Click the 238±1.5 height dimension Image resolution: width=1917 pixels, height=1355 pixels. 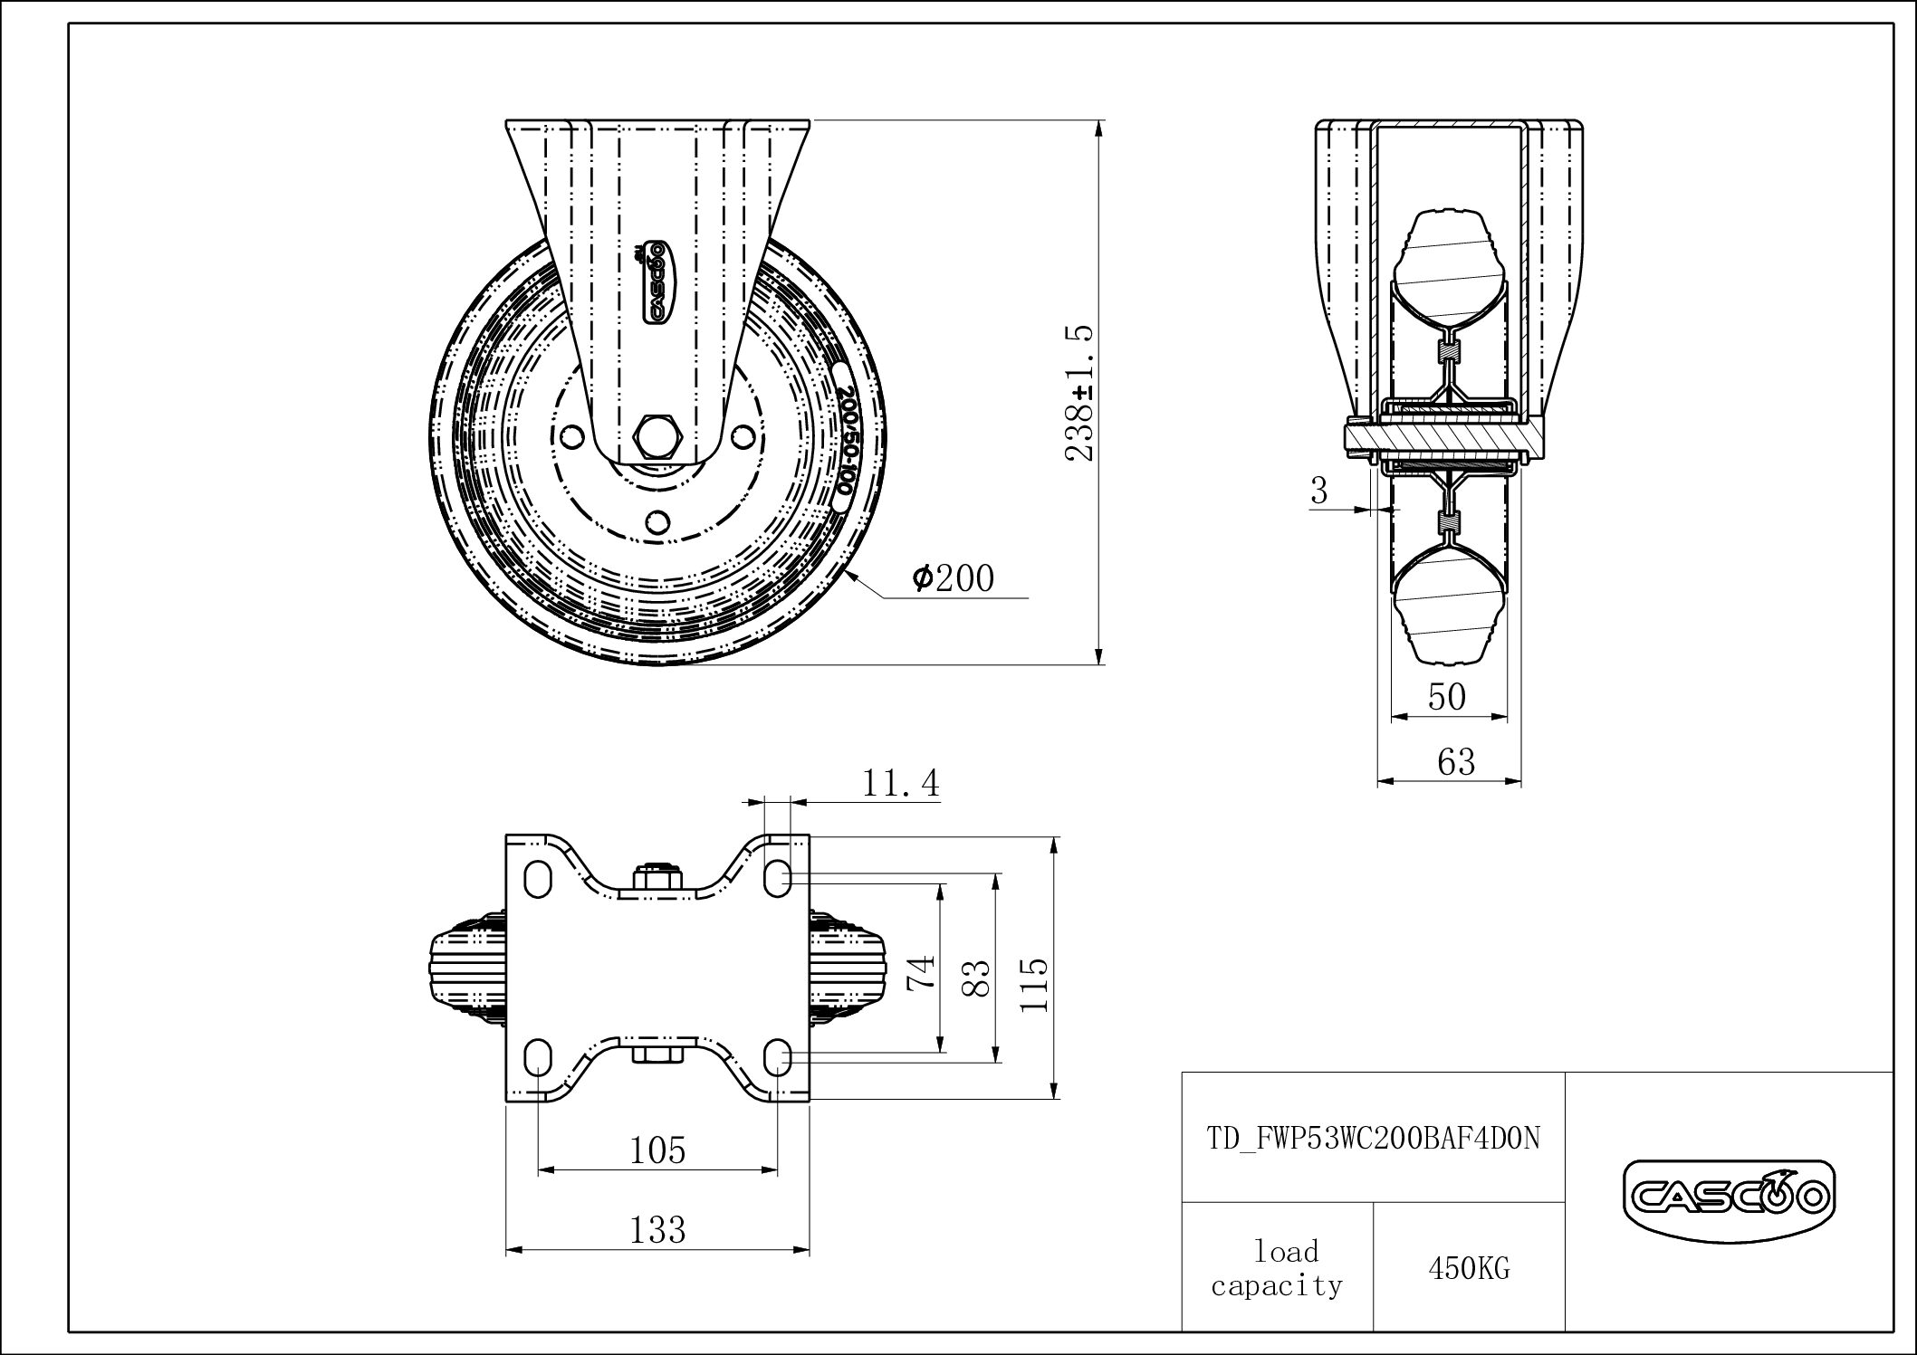[1082, 393]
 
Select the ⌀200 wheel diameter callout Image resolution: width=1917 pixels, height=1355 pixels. [954, 577]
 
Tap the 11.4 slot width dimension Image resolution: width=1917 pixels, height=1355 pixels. [901, 782]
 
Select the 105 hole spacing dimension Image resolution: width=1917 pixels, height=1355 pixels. [658, 1150]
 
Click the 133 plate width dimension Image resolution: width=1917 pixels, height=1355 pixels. [657, 1230]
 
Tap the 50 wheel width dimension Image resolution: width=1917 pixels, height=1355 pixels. [1447, 696]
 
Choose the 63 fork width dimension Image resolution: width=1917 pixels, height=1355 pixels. [1456, 761]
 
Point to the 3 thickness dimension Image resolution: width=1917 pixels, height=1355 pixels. [1319, 491]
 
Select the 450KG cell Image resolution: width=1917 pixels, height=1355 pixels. [1469, 1269]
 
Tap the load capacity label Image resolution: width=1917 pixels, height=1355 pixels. [1278, 1268]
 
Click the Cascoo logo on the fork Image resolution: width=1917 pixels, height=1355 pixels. [655, 281]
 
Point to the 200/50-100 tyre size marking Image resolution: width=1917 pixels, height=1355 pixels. [844, 438]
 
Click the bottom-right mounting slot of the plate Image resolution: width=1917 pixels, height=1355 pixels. [779, 1056]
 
